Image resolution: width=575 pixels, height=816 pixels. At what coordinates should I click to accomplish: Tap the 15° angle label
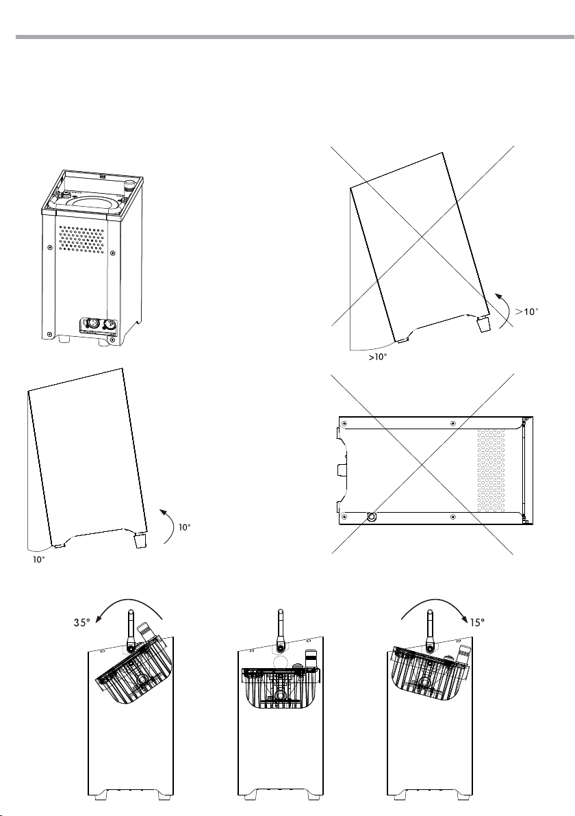477,623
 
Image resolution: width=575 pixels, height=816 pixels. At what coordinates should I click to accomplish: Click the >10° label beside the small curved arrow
527,311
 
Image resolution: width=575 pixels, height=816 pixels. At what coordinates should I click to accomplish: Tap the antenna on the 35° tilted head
131,628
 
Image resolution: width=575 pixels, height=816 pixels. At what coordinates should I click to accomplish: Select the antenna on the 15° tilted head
429,628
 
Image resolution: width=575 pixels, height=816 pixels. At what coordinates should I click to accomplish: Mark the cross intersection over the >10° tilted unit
422,237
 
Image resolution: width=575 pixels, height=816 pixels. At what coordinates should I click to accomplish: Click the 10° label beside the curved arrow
185,528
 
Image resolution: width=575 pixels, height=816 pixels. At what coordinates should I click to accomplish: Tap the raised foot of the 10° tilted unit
140,541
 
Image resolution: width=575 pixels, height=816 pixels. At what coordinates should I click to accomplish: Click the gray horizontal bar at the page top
287,37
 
